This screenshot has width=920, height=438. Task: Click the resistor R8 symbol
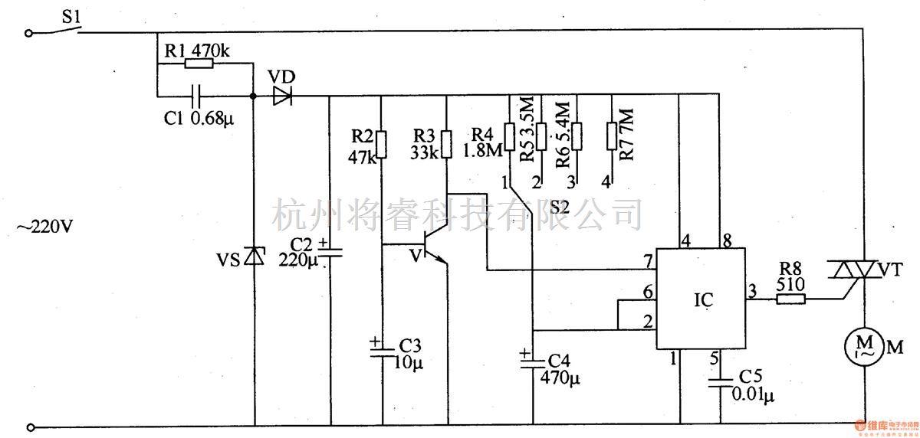pos(790,300)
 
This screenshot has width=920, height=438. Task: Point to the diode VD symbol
pos(283,96)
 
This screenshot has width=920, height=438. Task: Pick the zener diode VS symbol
pos(253,257)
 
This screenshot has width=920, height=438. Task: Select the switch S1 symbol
pos(60,31)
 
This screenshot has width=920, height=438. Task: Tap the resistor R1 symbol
pos(199,65)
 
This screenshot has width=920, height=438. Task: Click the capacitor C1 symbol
pos(199,96)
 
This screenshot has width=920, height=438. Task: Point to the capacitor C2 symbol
pos(330,250)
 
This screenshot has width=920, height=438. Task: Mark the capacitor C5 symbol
pos(719,383)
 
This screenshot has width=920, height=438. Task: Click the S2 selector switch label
pos(559,207)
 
